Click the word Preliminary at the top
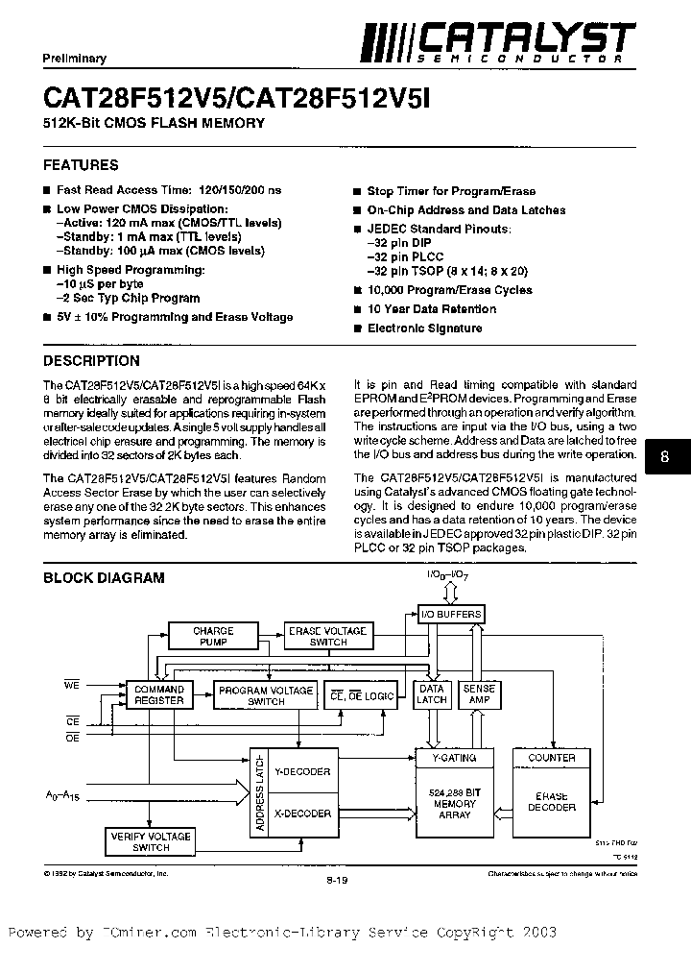click(x=74, y=59)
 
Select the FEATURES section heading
click(x=81, y=165)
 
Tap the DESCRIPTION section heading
click(x=92, y=361)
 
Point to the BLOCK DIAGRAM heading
click(x=104, y=578)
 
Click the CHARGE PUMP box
click(x=213, y=636)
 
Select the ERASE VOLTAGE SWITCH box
click(x=328, y=636)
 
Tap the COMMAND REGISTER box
click(x=158, y=694)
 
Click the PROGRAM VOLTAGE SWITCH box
click(x=266, y=695)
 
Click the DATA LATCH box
click(x=432, y=693)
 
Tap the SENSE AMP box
click(x=479, y=693)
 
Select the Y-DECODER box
click(x=301, y=770)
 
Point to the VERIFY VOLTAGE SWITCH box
click(x=151, y=841)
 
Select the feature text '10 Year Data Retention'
click(x=431, y=309)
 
